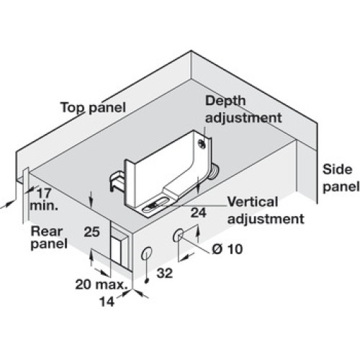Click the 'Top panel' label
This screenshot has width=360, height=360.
[93, 107]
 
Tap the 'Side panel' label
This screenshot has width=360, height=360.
[341, 179]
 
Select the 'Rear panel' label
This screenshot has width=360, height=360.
[49, 238]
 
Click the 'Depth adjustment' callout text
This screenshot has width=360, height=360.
[243, 109]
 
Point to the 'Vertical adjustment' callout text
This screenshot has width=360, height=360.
[266, 210]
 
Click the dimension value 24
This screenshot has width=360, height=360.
[198, 212]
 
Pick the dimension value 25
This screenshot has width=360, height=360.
[91, 232]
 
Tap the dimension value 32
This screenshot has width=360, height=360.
[165, 273]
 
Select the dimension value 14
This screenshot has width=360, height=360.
[107, 302]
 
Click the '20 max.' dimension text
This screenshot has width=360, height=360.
[101, 284]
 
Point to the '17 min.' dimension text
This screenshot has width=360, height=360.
[44, 199]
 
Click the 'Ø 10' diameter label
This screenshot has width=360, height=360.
[228, 249]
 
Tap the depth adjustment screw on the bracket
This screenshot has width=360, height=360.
[201, 144]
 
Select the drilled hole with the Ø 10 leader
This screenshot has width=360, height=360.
[179, 235]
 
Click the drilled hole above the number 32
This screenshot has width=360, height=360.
[147, 253]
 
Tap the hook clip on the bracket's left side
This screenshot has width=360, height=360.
[117, 182]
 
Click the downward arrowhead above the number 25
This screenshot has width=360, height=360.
[91, 204]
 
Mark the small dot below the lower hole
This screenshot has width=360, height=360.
[147, 281]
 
